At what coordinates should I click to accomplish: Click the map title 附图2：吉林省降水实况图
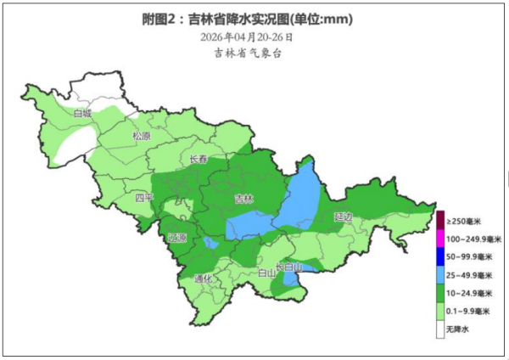pyautogui.click(x=246, y=19)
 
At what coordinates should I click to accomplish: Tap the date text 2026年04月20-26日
pyautogui.click(x=248, y=37)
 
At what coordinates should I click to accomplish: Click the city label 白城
pyautogui.click(x=82, y=113)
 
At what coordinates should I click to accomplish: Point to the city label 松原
pyautogui.click(x=141, y=136)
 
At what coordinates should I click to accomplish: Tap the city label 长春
pyautogui.click(x=199, y=159)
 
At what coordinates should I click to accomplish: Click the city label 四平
pyautogui.click(x=145, y=198)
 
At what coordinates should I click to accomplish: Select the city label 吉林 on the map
pyautogui.click(x=243, y=200)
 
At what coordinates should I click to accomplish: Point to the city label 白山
pyautogui.click(x=266, y=273)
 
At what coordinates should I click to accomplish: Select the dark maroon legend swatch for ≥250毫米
pyautogui.click(x=440, y=221)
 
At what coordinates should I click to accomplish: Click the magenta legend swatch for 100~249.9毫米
pyautogui.click(x=440, y=239)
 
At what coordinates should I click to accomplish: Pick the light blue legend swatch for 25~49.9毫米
pyautogui.click(x=440, y=275)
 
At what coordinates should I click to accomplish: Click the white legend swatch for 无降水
pyautogui.click(x=440, y=329)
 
